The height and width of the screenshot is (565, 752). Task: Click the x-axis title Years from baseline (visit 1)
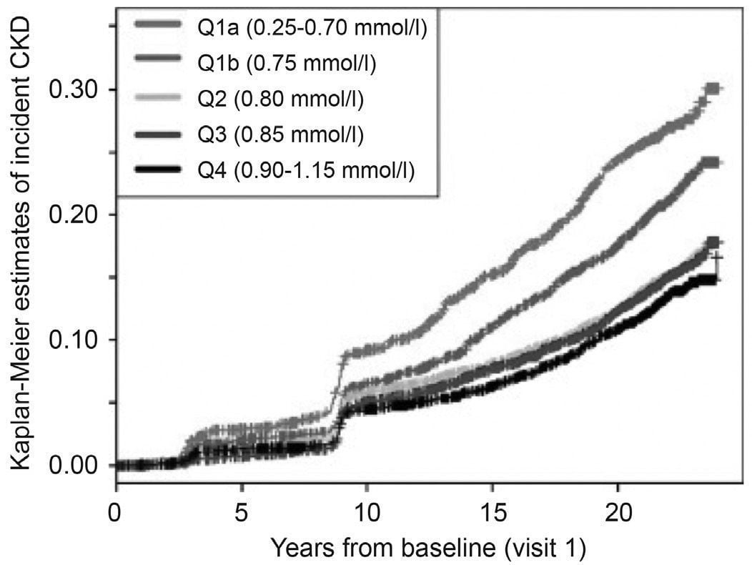point(428,549)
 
